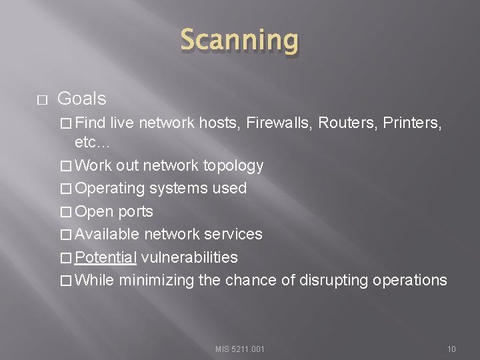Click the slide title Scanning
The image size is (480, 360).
point(239,41)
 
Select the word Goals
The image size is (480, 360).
point(82,99)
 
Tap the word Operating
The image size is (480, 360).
point(110,189)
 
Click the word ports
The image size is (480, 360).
point(135,212)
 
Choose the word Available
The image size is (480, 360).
point(107,234)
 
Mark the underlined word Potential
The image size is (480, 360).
point(106,257)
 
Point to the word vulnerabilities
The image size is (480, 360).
point(189,257)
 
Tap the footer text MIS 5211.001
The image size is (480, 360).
point(240,349)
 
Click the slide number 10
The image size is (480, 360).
point(451,349)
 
